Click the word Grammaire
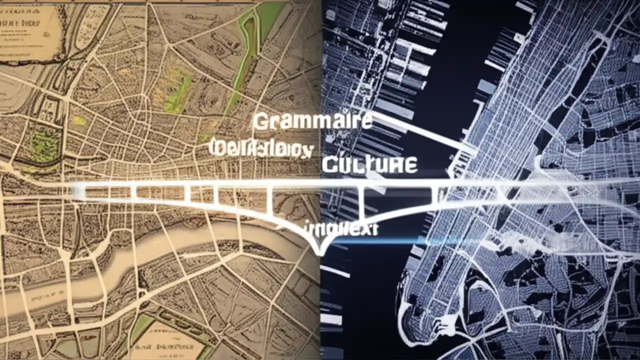(x=312, y=121)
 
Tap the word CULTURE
(x=369, y=164)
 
